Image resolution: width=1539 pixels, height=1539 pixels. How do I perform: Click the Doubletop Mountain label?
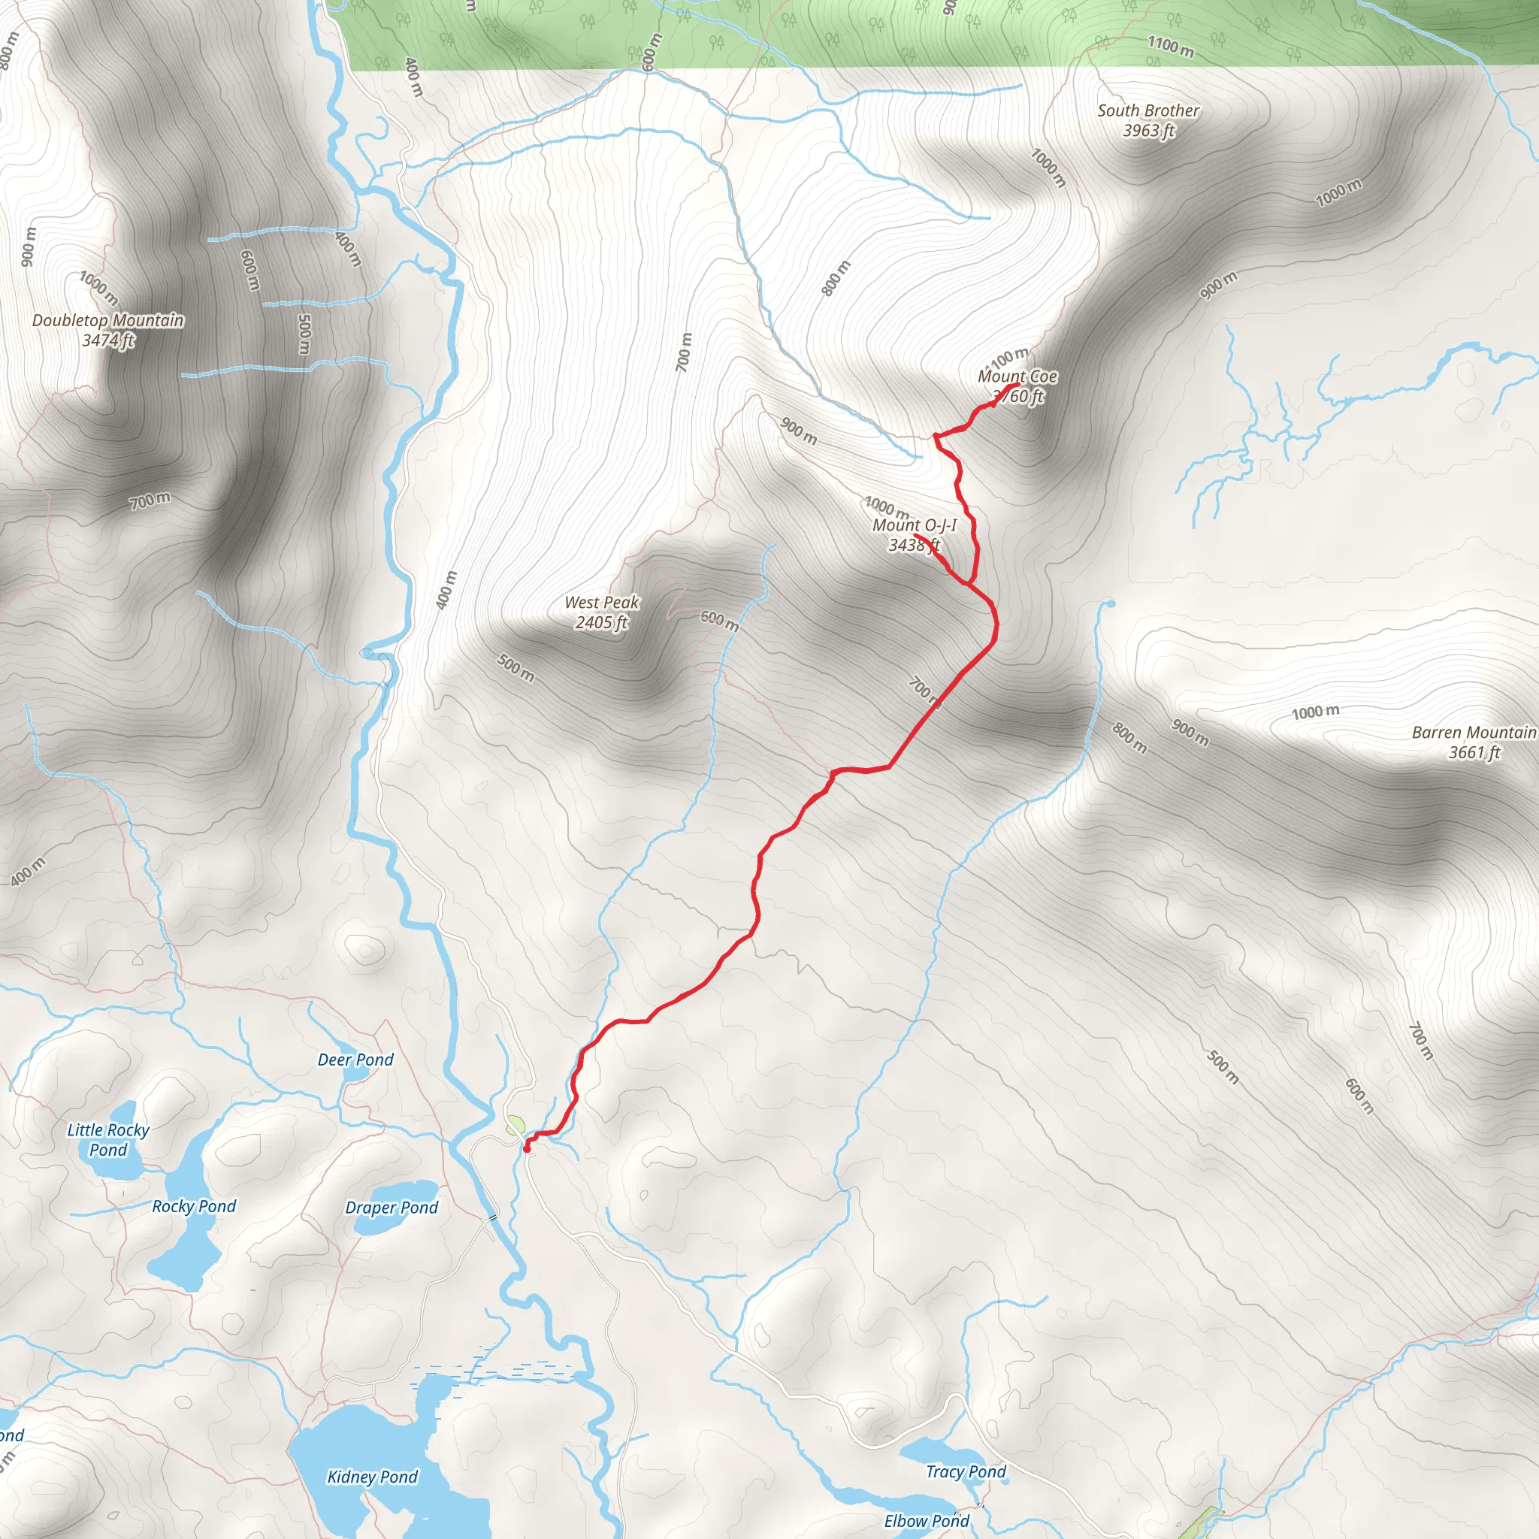click(108, 320)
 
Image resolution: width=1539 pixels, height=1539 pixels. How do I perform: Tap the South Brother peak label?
click(1148, 110)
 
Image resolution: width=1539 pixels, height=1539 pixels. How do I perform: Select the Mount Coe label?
click(1017, 376)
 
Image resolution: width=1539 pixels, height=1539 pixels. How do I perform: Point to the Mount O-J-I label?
click(915, 525)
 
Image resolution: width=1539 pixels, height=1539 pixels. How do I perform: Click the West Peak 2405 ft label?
click(602, 612)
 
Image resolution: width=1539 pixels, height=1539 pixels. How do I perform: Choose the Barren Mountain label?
click(1473, 732)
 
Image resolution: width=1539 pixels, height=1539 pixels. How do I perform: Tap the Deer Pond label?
click(355, 1060)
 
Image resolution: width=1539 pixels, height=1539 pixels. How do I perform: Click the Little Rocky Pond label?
click(108, 1139)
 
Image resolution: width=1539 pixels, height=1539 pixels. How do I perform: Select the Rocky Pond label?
click(194, 1206)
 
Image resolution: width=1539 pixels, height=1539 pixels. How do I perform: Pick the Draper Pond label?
click(391, 1208)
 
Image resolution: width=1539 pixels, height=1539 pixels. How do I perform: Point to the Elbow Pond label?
click(927, 1521)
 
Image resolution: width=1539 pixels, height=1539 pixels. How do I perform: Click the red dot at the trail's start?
click(527, 1149)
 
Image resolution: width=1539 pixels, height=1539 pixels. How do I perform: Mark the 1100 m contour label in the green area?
click(1170, 47)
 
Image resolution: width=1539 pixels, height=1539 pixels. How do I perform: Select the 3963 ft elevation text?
click(1148, 131)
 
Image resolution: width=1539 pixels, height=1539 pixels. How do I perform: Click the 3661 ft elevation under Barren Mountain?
click(1474, 752)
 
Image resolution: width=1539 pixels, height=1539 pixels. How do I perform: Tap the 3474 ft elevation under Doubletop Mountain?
click(108, 340)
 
